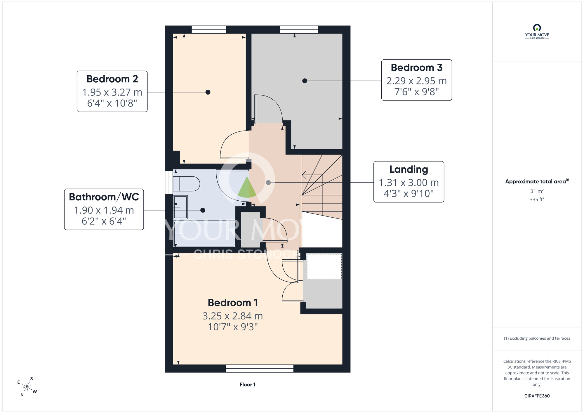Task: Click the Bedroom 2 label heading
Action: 112,79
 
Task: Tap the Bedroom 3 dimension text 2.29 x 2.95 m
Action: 417,81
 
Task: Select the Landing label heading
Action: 409,169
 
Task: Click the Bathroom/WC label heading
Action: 104,197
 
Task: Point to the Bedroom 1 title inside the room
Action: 233,303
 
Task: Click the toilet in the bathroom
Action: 186,184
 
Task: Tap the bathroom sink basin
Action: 180,207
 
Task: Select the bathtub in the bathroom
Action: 204,234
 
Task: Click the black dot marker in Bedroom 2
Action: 208,92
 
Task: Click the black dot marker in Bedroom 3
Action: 305,81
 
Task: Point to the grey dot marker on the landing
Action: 268,183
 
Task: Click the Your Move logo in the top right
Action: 537,32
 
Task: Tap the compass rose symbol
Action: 27,387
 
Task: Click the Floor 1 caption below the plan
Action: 248,385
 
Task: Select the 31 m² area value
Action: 537,191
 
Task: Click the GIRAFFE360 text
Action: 537,396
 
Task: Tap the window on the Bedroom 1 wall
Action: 260,368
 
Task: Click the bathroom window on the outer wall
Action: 169,182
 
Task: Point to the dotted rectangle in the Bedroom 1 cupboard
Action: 324,266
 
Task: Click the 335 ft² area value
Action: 537,199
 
